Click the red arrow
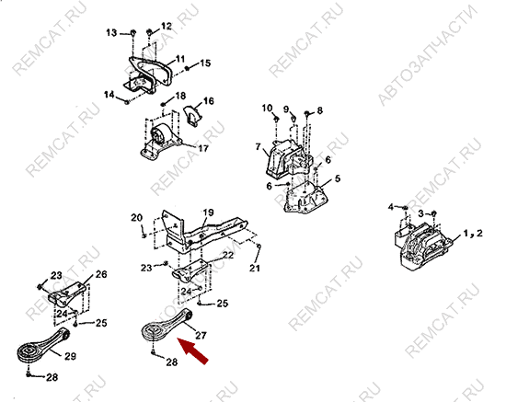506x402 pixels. click(193, 351)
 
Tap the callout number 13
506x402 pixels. click(111, 32)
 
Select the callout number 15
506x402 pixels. click(205, 63)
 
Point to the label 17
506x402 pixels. click(203, 148)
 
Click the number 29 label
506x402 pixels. click(70, 356)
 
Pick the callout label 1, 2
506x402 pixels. click(473, 233)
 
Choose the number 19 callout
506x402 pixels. click(209, 212)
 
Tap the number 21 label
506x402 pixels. click(255, 268)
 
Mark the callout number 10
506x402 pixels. click(267, 108)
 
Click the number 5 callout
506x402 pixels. click(338, 178)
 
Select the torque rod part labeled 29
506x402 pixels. click(43, 345)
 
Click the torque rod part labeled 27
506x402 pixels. click(167, 325)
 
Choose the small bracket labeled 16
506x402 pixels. click(192, 116)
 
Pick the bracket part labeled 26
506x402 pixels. click(67, 294)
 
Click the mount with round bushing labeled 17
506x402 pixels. click(160, 142)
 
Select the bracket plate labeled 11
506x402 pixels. click(147, 75)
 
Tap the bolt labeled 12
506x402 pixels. click(149, 32)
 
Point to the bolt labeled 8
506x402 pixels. click(307, 113)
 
